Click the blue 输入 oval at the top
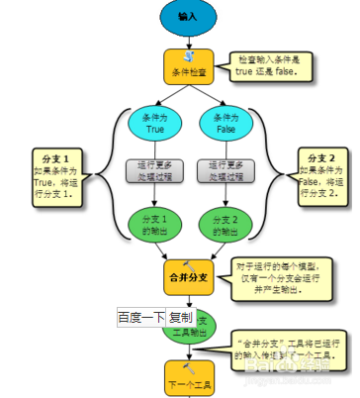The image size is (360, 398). (x=187, y=18)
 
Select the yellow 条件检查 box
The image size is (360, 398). (x=188, y=66)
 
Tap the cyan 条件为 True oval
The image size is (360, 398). (x=153, y=122)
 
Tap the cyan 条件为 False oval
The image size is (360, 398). (x=225, y=122)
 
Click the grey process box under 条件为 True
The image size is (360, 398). (x=153, y=169)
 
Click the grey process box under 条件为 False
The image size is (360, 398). (x=225, y=169)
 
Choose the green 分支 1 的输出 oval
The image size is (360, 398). (x=153, y=224)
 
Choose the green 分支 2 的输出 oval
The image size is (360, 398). (x=225, y=224)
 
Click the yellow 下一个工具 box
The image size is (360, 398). (x=188, y=377)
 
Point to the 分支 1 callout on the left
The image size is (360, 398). (x=55, y=175)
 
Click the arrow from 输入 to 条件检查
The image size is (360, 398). (x=187, y=41)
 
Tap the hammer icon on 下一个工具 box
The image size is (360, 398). (x=188, y=367)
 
